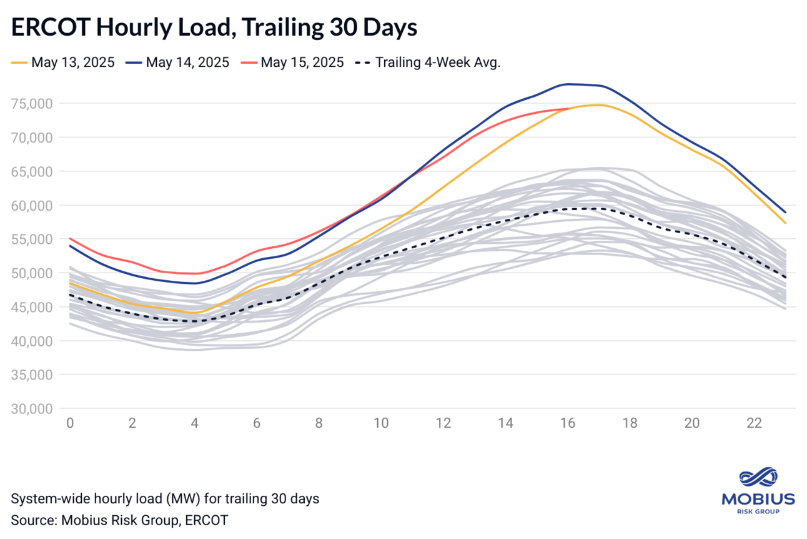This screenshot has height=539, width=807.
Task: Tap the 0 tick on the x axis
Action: [x=70, y=423]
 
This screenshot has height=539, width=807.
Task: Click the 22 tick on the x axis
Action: [x=754, y=423]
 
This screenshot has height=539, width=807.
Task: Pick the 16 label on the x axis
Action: [x=567, y=423]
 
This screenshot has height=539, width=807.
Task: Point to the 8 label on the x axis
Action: [x=319, y=423]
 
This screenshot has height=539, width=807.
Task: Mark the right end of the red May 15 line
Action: [x=568, y=108]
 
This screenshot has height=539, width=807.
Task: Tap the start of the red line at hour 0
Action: [x=70, y=238]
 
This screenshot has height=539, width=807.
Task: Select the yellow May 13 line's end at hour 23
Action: [x=785, y=223]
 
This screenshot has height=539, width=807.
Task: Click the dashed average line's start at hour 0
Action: [x=70, y=295]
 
